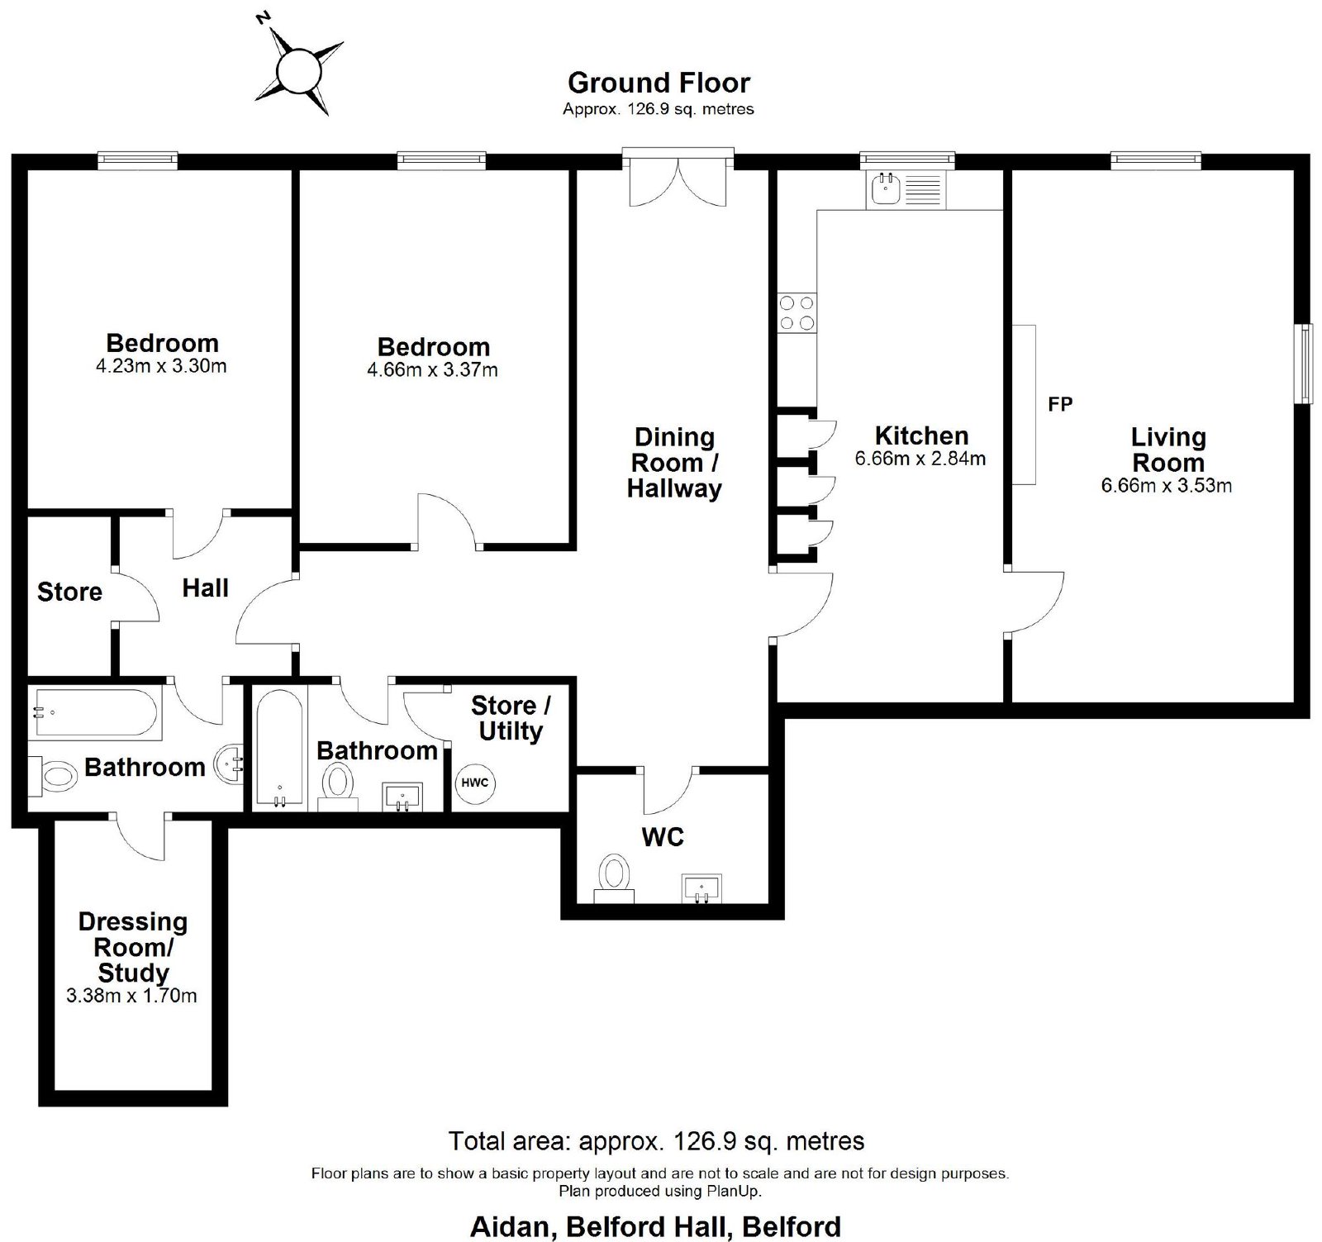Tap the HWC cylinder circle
click(474, 783)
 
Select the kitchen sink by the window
click(906, 189)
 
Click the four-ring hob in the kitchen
click(797, 313)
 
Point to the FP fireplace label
click(1060, 404)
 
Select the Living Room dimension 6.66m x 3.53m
click(1166, 486)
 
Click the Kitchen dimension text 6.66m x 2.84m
click(920, 459)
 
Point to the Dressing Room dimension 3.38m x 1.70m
click(131, 996)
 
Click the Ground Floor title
click(659, 83)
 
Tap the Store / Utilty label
click(510, 718)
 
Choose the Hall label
click(205, 588)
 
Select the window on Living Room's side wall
click(1303, 364)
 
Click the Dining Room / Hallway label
click(674, 463)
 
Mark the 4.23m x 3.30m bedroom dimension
click(161, 366)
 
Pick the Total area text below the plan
click(656, 1141)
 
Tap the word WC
click(663, 837)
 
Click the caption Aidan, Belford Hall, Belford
click(655, 1226)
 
